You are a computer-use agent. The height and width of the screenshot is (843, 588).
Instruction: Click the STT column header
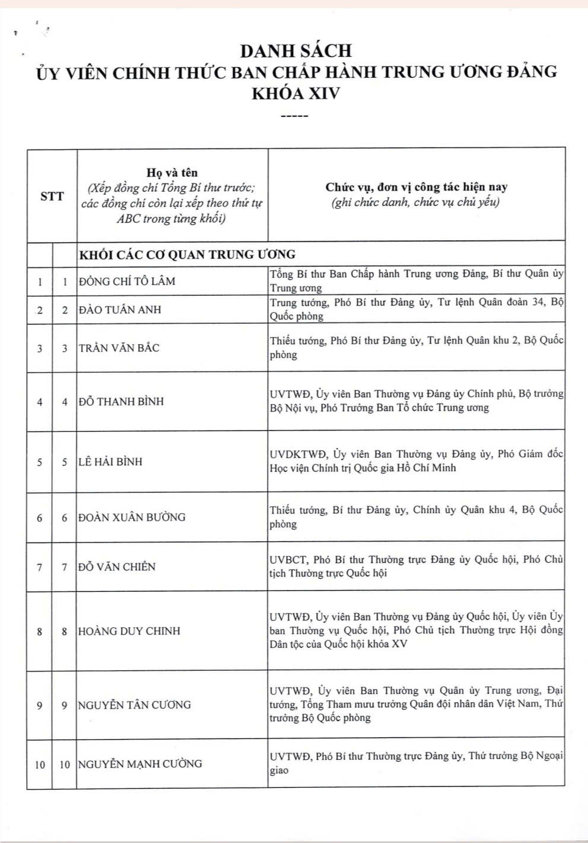pyautogui.click(x=52, y=196)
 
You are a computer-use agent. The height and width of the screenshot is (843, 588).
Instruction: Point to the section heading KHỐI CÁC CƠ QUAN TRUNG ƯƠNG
pyautogui.click(x=187, y=255)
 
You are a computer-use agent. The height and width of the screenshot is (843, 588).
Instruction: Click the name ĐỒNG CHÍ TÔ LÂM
pyautogui.click(x=128, y=281)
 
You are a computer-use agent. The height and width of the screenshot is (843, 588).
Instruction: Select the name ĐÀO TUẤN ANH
pyautogui.click(x=120, y=309)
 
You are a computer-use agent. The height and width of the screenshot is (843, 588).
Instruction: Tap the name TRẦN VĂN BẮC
pyautogui.click(x=119, y=348)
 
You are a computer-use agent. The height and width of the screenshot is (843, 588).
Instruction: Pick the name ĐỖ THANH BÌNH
pyautogui.click(x=122, y=401)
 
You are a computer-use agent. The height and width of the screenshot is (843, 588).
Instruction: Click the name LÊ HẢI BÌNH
pyautogui.click(x=110, y=462)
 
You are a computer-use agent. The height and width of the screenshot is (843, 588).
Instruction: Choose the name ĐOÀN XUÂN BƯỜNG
pyautogui.click(x=132, y=517)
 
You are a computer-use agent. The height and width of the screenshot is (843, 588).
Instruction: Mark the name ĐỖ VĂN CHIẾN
pyautogui.click(x=117, y=567)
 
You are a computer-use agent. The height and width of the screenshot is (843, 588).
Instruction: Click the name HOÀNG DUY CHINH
pyautogui.click(x=129, y=631)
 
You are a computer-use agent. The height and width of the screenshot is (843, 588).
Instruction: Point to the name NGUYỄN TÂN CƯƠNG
pyautogui.click(x=135, y=705)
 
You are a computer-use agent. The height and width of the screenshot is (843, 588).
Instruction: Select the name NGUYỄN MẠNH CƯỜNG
pyautogui.click(x=140, y=764)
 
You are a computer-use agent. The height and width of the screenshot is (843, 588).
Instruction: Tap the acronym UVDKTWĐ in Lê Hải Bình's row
pyautogui.click(x=298, y=454)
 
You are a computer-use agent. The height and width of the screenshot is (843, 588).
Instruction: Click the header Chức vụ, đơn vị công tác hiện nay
pyautogui.click(x=416, y=187)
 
